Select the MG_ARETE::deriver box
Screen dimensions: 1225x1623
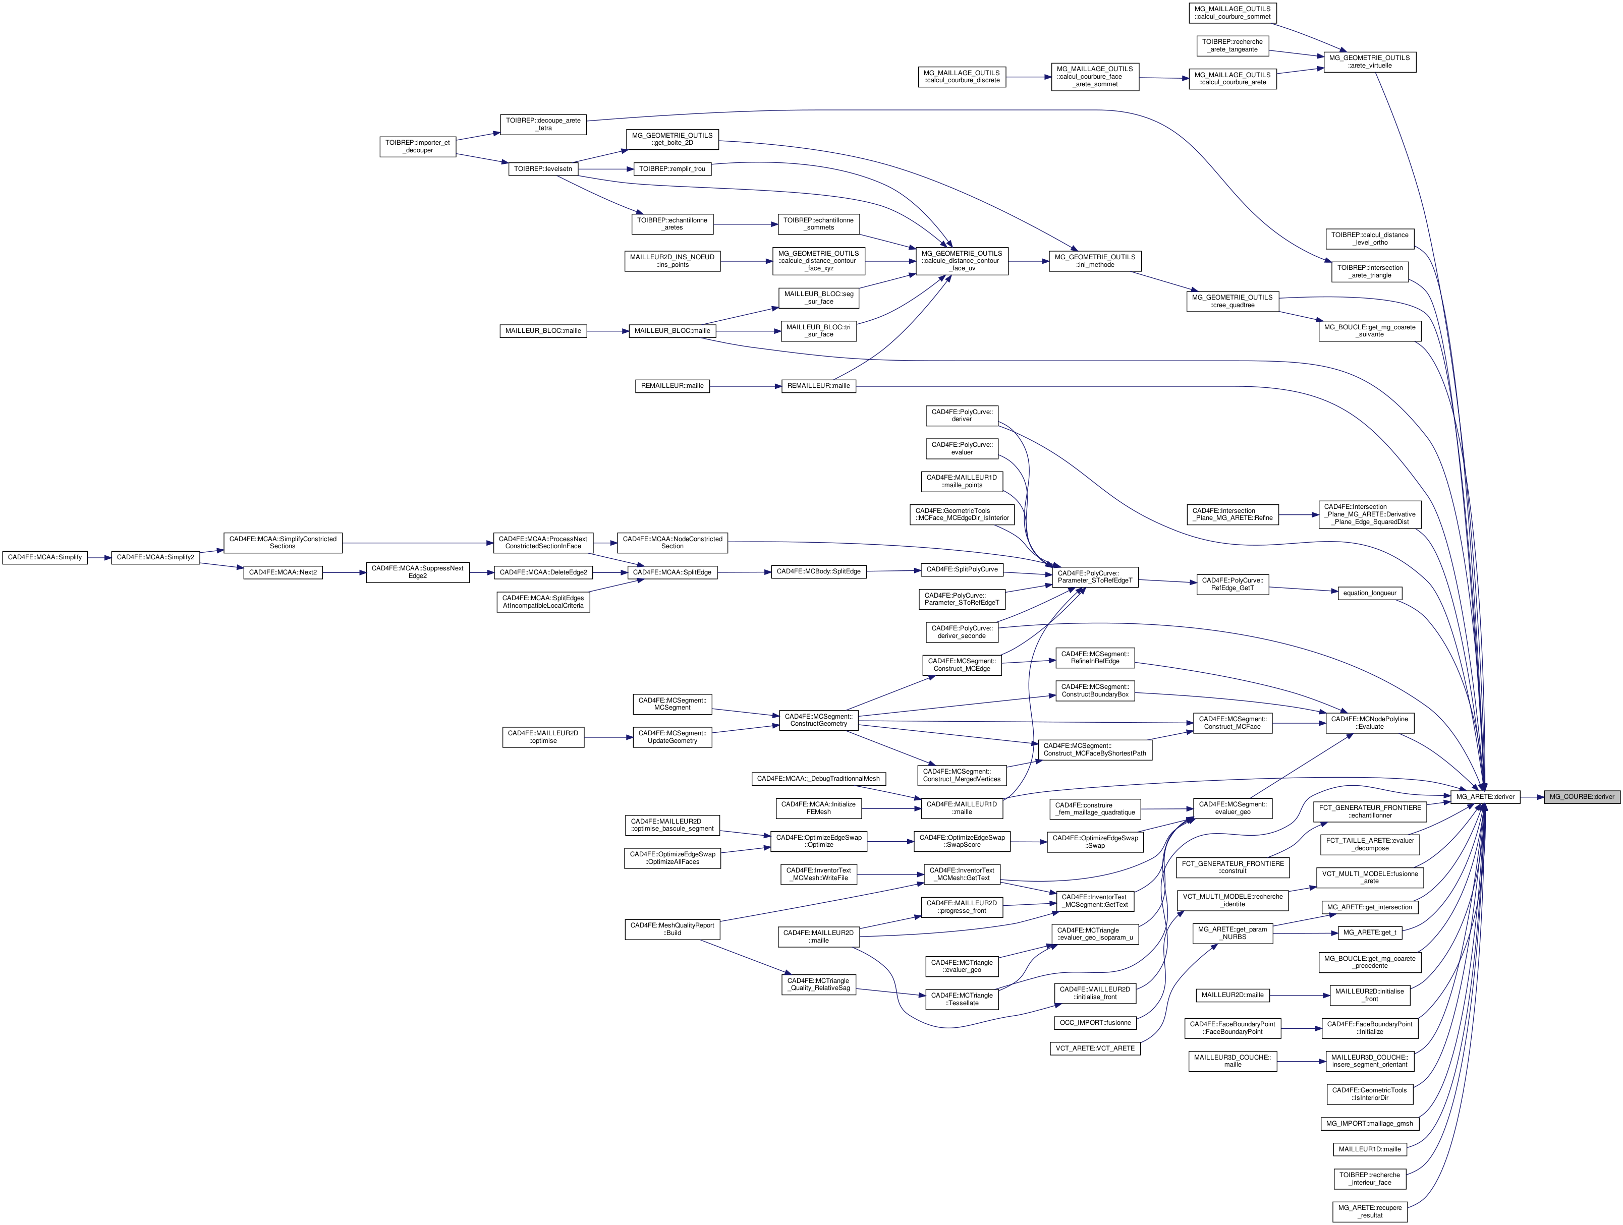click(x=1485, y=797)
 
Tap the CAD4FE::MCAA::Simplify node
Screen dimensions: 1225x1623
click(x=45, y=557)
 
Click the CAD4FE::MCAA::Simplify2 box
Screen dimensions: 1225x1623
click(x=155, y=557)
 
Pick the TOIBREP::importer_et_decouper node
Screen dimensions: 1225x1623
click(x=418, y=147)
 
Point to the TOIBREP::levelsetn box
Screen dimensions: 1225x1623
click(x=543, y=169)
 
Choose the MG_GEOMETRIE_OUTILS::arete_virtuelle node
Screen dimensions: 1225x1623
click(x=1369, y=62)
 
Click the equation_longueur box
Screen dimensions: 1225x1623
click(x=1369, y=593)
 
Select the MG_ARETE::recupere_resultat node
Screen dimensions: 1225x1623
click(x=1369, y=1211)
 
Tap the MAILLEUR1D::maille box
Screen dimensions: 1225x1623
click(x=1369, y=1149)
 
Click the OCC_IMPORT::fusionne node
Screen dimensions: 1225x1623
click(x=1095, y=1023)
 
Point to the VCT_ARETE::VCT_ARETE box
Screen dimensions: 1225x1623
click(x=1095, y=1048)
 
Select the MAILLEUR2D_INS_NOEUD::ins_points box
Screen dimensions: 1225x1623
click(x=672, y=261)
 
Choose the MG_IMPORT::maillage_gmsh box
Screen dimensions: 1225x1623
click(x=1369, y=1123)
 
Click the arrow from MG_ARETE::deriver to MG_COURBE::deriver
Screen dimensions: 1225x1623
click(x=1532, y=797)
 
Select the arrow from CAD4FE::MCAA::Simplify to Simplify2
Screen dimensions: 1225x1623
click(x=98, y=557)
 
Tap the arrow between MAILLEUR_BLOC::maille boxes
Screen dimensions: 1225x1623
click(x=607, y=331)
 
